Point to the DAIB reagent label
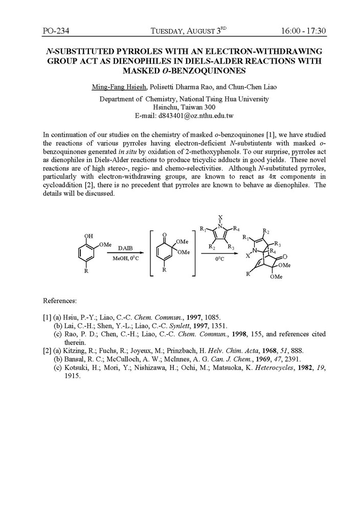(x=125, y=247)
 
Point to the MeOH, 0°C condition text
(x=126, y=259)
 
